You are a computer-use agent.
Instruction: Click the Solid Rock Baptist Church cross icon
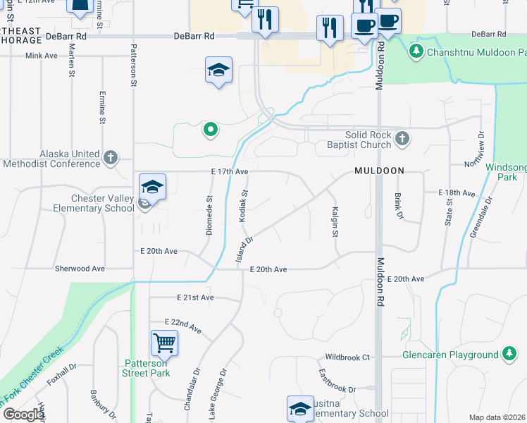(x=402, y=137)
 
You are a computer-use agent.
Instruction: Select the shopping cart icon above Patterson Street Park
(x=164, y=343)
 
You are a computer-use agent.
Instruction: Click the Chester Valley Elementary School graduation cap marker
(x=152, y=187)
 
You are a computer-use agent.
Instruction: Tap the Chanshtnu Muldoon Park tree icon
(x=416, y=51)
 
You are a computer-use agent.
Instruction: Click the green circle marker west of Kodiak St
(x=209, y=130)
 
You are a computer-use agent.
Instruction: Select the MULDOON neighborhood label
(x=379, y=171)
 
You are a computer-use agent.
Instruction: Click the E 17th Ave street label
(x=230, y=171)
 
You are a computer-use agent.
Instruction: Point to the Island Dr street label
(x=244, y=250)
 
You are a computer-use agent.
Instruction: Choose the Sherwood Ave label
(x=80, y=269)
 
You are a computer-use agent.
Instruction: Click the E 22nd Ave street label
(x=183, y=326)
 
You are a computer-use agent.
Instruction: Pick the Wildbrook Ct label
(x=347, y=357)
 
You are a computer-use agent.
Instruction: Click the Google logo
(x=23, y=415)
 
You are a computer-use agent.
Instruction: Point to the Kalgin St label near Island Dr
(x=335, y=221)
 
